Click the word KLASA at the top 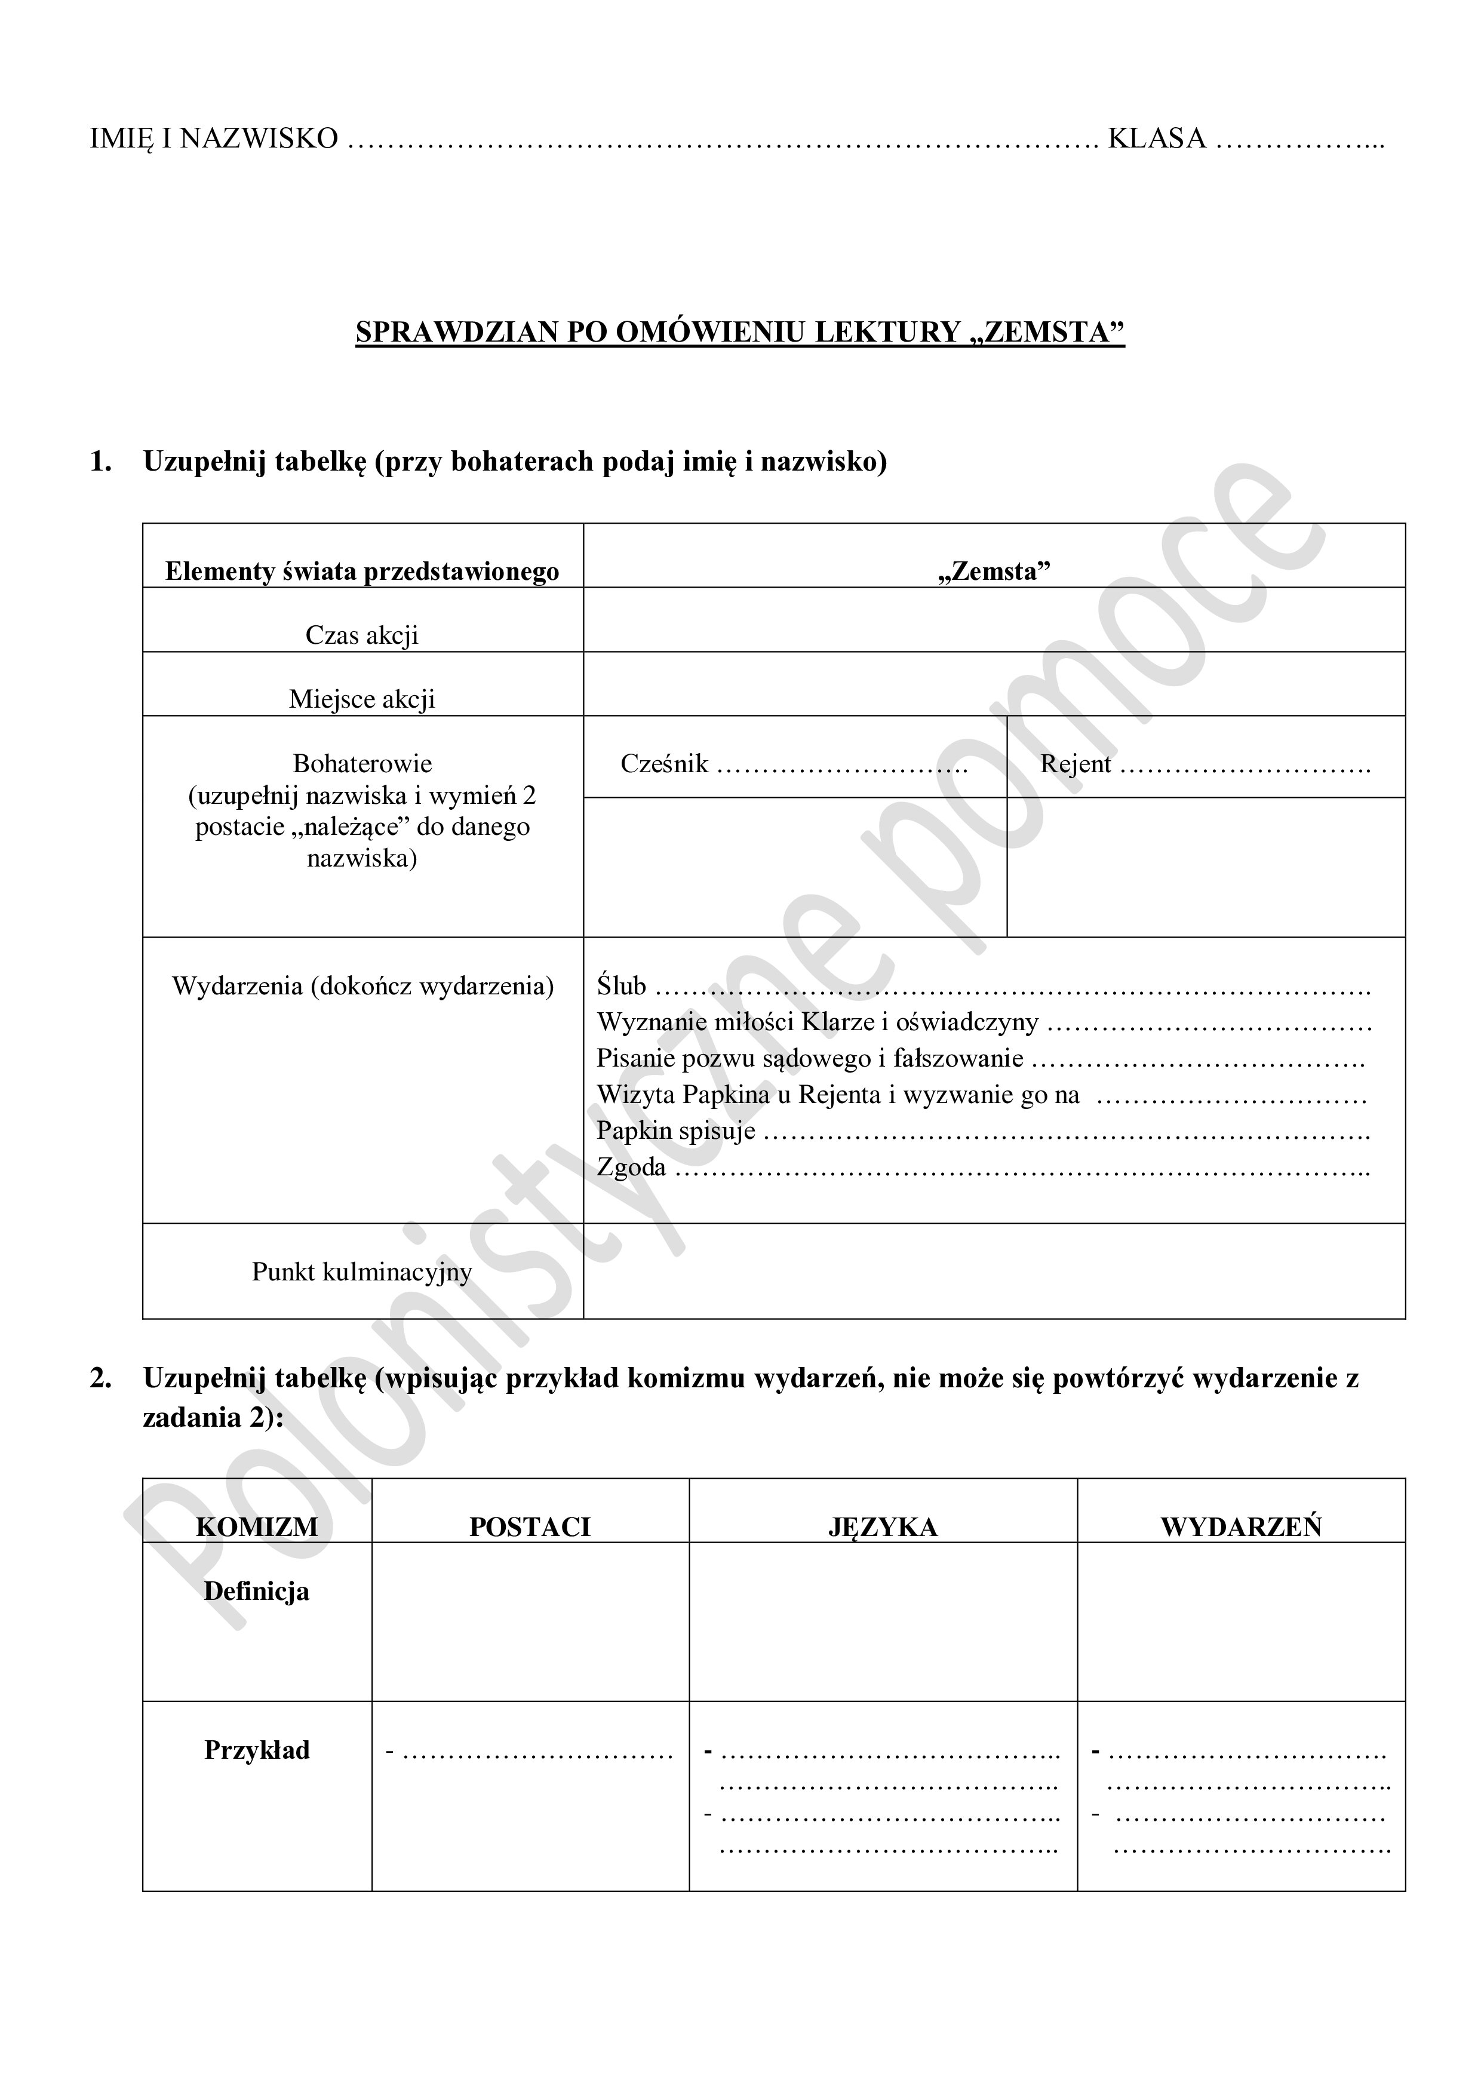coord(1156,139)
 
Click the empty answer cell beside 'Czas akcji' coord(994,619)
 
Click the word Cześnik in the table coord(663,764)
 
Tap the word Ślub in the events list coord(622,987)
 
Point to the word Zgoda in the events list coord(631,1167)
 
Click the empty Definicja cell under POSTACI coord(530,1621)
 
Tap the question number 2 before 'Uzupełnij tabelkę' coord(100,1378)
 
